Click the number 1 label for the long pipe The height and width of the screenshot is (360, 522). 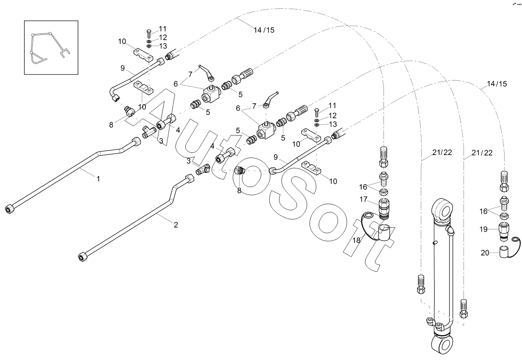(98, 179)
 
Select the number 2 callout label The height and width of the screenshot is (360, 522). (176, 225)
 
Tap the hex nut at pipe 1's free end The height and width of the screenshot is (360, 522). (8, 209)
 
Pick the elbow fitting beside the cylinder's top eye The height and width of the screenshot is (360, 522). (451, 230)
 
